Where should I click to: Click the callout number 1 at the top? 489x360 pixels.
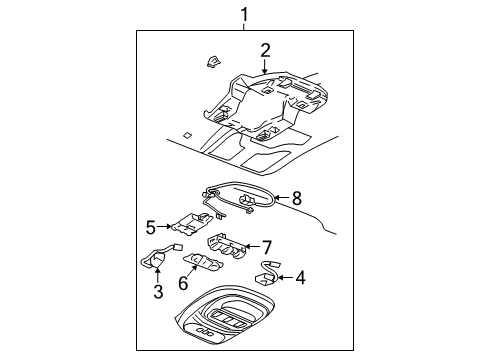(245, 15)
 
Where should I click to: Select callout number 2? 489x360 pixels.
(265, 51)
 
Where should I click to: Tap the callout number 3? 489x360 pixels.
(158, 292)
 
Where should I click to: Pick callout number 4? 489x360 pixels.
(301, 278)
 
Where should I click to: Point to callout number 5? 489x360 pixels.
(151, 228)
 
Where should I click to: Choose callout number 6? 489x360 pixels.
(183, 283)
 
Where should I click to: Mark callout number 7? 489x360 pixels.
(267, 247)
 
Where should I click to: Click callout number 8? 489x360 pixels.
(296, 198)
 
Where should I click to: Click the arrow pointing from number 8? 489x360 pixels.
(282, 198)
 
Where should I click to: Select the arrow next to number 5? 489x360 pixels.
(164, 226)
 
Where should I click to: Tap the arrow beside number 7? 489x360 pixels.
(252, 247)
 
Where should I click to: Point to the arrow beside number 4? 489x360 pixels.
(285, 277)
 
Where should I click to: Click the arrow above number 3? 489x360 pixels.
(157, 276)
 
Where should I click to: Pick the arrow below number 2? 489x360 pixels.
(265, 67)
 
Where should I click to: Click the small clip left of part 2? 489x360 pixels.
(213, 62)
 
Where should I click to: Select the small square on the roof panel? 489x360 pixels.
(187, 135)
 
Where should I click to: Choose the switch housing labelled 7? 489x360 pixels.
(227, 246)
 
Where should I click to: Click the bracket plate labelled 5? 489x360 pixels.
(192, 223)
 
